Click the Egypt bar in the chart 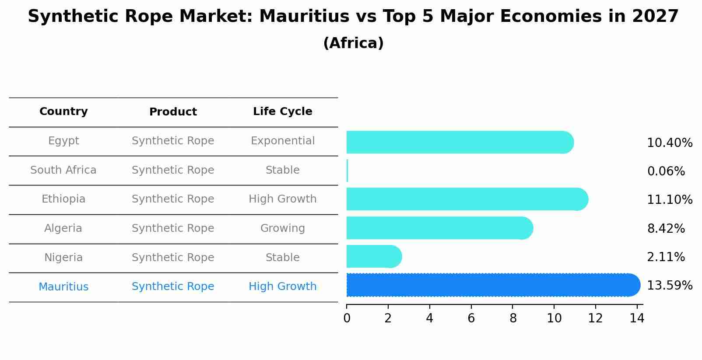460,142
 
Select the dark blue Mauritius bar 493,285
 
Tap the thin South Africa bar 347,171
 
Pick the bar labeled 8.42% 439,228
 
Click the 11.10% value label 669,200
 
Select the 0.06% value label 666,171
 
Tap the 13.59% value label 669,286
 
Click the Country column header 63,112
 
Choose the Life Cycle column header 282,112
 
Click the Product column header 173,112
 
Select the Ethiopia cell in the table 63,199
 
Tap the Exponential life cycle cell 282,141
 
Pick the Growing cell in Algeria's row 282,228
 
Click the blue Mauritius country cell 63,287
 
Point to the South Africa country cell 63,170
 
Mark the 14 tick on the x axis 637,318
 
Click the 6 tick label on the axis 471,318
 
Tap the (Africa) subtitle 353,43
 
